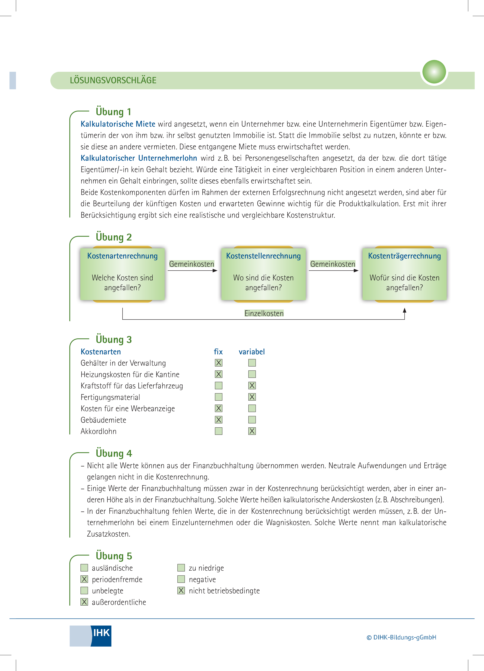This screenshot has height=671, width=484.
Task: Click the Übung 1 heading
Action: [113, 112]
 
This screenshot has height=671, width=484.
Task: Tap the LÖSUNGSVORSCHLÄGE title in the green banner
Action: [113, 80]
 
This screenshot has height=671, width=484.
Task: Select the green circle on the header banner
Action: [434, 72]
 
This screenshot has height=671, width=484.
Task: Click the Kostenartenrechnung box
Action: [122, 274]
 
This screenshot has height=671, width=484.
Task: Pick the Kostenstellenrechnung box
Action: [263, 274]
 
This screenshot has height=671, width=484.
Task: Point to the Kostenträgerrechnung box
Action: [404, 274]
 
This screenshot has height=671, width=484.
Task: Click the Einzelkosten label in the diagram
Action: [264, 313]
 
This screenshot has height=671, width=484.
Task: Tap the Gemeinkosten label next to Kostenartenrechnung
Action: [192, 264]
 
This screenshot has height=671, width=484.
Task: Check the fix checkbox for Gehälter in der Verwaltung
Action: [218, 363]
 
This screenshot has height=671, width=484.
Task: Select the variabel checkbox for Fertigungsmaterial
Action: [252, 397]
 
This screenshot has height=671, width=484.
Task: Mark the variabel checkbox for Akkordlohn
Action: [252, 431]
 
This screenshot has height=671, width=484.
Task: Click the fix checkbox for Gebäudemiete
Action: [218, 420]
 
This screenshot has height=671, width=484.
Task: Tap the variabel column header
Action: [252, 352]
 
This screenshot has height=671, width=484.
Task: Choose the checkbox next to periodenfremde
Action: [84, 579]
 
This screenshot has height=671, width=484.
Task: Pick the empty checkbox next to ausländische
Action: [84, 568]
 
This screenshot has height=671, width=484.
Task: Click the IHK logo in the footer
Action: [91, 636]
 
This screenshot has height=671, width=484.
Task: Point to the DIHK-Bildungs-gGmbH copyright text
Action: [401, 637]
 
